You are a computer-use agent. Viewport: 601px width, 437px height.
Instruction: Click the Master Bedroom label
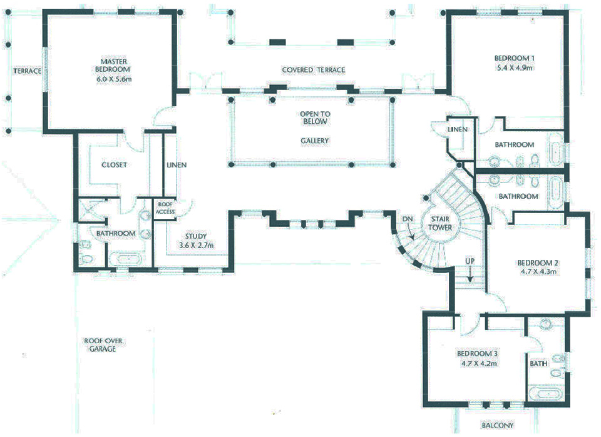(113, 66)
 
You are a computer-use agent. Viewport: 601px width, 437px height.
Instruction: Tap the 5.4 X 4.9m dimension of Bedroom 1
(515, 68)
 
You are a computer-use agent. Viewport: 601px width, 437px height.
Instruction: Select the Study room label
(196, 236)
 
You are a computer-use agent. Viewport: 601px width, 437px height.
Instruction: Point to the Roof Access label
(165, 208)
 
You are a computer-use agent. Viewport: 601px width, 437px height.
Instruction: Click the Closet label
(114, 164)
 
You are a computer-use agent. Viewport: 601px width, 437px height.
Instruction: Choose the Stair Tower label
(440, 223)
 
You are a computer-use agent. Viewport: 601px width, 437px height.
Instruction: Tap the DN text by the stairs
(408, 219)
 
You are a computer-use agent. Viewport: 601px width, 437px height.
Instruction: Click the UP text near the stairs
(470, 261)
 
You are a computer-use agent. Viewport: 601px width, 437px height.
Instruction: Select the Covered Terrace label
(314, 70)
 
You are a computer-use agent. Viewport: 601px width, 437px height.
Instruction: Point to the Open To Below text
(315, 118)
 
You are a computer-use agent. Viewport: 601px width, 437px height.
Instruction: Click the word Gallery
(315, 141)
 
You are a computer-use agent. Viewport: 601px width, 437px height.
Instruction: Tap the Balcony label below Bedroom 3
(498, 425)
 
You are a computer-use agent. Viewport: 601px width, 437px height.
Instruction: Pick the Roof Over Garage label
(103, 344)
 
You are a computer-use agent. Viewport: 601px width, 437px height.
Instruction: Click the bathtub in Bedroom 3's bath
(545, 393)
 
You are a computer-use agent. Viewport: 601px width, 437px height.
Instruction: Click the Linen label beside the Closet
(177, 165)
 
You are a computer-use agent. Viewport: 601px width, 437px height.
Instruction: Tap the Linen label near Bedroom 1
(458, 129)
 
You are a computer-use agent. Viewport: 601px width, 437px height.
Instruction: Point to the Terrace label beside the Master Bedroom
(27, 71)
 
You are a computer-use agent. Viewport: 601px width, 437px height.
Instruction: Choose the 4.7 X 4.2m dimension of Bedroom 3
(479, 363)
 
